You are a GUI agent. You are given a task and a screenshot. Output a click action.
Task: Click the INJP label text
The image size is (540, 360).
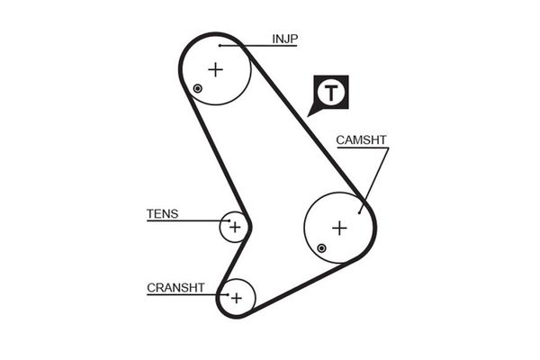coord(284,39)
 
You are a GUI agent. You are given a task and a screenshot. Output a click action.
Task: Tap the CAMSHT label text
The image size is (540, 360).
coord(361,140)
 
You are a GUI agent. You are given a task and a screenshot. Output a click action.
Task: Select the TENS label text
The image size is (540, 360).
coord(162,214)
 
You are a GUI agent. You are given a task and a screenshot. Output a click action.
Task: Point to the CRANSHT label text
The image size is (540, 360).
coord(175,288)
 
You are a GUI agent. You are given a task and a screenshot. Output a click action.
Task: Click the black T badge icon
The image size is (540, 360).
coord(331,91)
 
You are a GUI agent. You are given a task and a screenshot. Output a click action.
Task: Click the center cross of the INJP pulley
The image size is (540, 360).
coord(215,68)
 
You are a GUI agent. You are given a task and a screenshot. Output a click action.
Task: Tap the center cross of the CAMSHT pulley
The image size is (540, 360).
coord(338,228)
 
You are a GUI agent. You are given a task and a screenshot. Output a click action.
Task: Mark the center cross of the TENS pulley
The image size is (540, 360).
coord(234,227)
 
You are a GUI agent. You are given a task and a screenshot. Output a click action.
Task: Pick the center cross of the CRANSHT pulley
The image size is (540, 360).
coord(236,297)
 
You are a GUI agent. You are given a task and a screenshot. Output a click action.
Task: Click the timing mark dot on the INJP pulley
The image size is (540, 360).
coord(197,87)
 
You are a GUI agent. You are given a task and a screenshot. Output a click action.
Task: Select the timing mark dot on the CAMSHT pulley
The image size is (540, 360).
coord(321,247)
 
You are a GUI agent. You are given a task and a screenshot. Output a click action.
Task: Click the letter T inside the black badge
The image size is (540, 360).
coord(331,91)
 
